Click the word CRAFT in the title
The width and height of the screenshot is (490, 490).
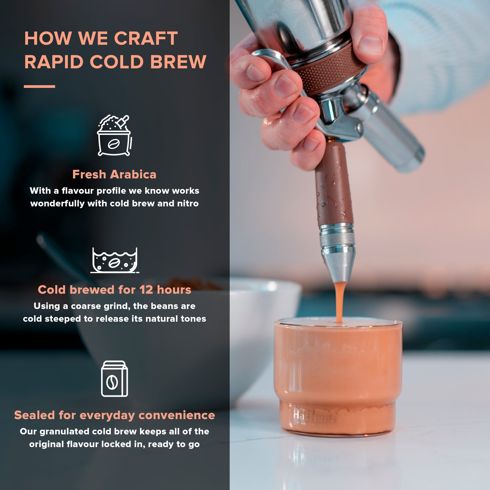[x=146, y=38]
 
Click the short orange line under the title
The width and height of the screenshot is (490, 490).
[x=39, y=87]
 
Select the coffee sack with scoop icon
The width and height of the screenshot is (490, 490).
[x=114, y=136]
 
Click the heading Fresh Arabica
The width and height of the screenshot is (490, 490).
[x=114, y=174]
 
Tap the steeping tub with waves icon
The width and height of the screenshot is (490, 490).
[x=115, y=260]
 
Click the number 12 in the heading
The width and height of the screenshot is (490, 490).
[x=146, y=290]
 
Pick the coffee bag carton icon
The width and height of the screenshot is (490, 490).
[x=115, y=379]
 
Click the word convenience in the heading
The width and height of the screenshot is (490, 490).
[x=177, y=415]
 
